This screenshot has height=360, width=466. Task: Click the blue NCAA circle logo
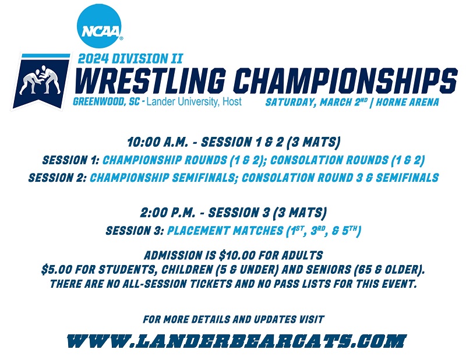99,26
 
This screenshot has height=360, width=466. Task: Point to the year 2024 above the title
93,59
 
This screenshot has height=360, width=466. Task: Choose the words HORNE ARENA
407,103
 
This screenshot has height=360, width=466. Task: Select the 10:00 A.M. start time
157,142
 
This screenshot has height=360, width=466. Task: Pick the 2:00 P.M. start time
168,213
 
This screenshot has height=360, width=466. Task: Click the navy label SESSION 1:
70,160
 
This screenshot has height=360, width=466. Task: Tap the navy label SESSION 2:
57,178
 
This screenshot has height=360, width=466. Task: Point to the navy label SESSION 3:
135,231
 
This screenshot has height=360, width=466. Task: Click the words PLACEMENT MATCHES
225,231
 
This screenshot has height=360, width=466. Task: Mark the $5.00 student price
57,270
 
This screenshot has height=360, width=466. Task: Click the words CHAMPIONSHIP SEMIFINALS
163,178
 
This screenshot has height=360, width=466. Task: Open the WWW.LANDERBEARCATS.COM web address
236,341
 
